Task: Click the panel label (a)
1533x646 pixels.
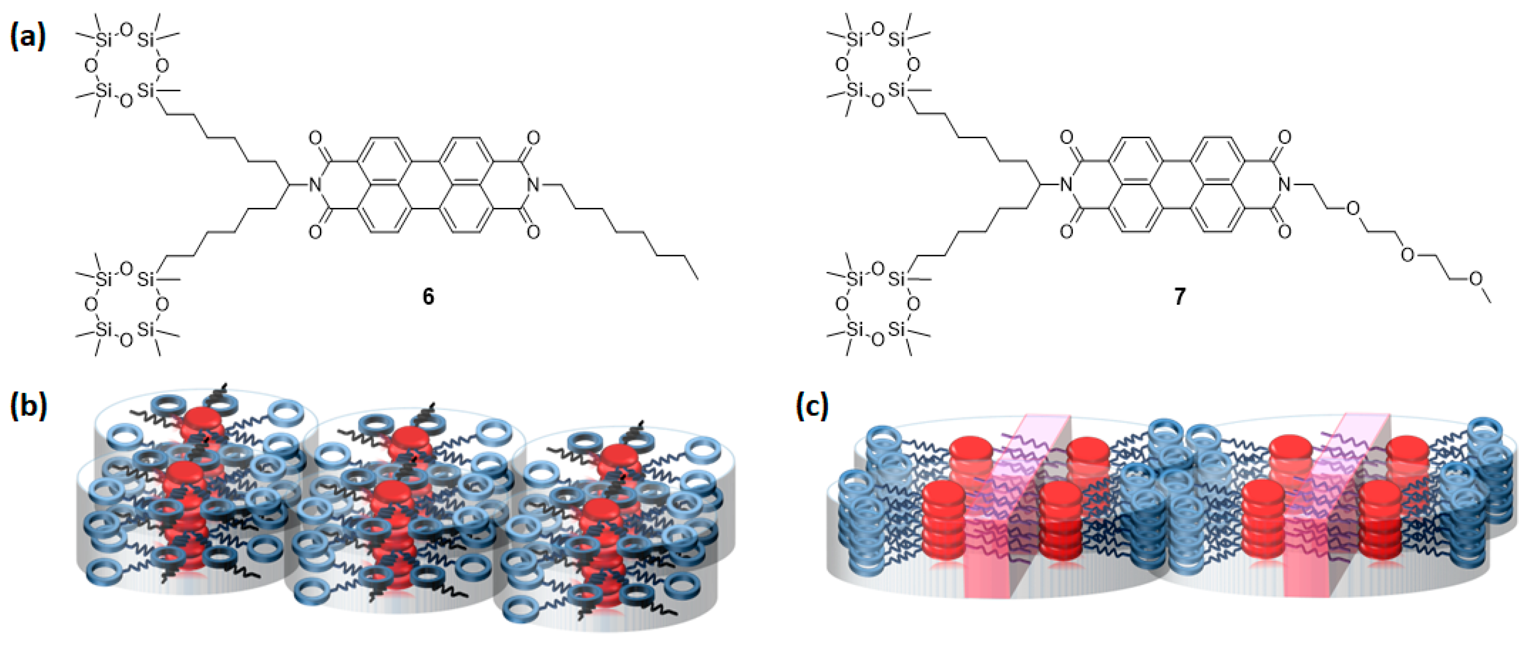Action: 28,37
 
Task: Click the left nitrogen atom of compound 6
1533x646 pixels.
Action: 315,185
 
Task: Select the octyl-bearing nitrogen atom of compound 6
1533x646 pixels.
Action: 533,185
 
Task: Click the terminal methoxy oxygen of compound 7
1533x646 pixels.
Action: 1476,278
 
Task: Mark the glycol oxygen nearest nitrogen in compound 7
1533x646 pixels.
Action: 1352,208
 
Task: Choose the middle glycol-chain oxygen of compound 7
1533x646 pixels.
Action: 1408,255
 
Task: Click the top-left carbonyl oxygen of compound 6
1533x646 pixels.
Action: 315,139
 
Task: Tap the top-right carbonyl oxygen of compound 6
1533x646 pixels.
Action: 533,139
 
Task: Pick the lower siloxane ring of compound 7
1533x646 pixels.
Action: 877,304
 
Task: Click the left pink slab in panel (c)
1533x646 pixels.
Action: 1006,512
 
